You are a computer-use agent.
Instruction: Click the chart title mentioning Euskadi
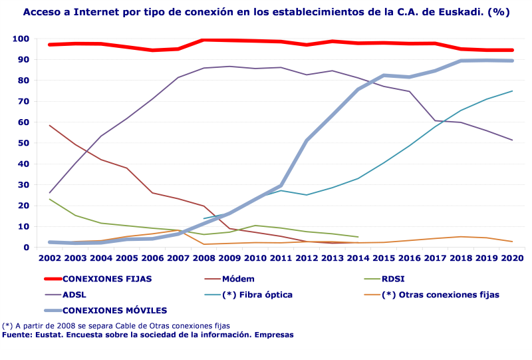pyautogui.click(x=266, y=12)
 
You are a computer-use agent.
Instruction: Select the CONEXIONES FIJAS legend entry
pyautogui.click(x=106, y=279)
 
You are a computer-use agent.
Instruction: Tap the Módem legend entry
pyautogui.click(x=238, y=279)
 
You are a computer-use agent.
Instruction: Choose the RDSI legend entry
pyautogui.click(x=393, y=279)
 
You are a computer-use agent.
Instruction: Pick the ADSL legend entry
pyautogui.click(x=74, y=294)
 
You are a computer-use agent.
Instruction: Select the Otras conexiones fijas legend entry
pyautogui.click(x=440, y=294)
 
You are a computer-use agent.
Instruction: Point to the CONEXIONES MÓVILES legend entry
pyautogui.click(x=114, y=310)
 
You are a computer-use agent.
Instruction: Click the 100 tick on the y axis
pyautogui.click(x=20, y=39)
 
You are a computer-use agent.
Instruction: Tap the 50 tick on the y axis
pyautogui.click(x=23, y=143)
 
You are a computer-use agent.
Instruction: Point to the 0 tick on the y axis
pyautogui.click(x=25, y=248)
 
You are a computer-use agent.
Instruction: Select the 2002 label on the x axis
pyautogui.click(x=50, y=257)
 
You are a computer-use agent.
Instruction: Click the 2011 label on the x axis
pyautogui.click(x=281, y=257)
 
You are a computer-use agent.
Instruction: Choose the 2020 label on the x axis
pyautogui.click(x=512, y=257)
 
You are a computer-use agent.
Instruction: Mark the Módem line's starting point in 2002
pyautogui.click(x=50, y=125)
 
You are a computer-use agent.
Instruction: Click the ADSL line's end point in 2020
pyautogui.click(x=512, y=140)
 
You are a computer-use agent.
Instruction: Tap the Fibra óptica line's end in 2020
pyautogui.click(x=512, y=91)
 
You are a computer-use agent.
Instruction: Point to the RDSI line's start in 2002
pyautogui.click(x=50, y=199)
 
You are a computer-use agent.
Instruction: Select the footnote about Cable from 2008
pyautogui.click(x=116, y=326)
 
